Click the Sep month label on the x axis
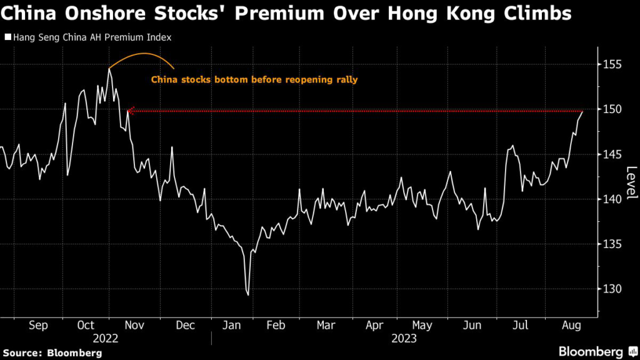click(38, 326)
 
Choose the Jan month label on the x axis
click(232, 326)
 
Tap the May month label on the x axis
click(423, 326)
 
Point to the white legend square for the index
click(7, 37)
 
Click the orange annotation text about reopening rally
click(254, 79)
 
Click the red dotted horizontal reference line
click(356, 111)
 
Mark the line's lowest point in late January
click(249, 295)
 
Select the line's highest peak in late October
click(109, 69)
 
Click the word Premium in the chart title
click(221, 14)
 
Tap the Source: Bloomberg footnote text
click(51, 353)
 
